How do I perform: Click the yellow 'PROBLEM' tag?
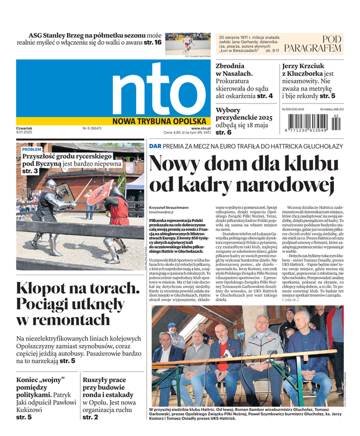point(32,149)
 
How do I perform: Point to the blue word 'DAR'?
point(155,146)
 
